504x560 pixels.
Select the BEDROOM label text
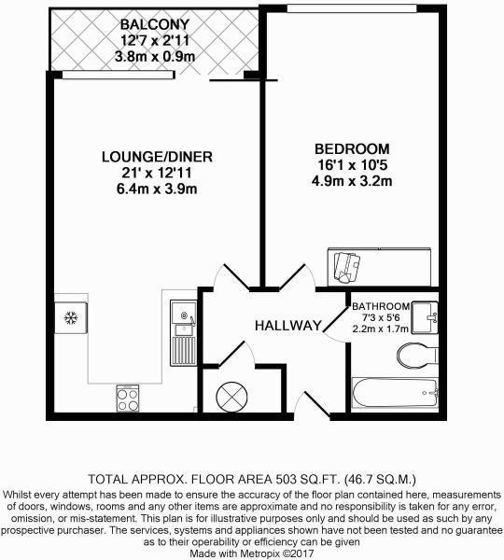coord(351,148)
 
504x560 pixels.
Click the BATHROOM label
coord(381,306)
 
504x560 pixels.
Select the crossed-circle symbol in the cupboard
coord(230,396)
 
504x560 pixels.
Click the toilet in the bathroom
coord(414,354)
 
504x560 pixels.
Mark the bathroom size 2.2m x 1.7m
coord(381,329)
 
